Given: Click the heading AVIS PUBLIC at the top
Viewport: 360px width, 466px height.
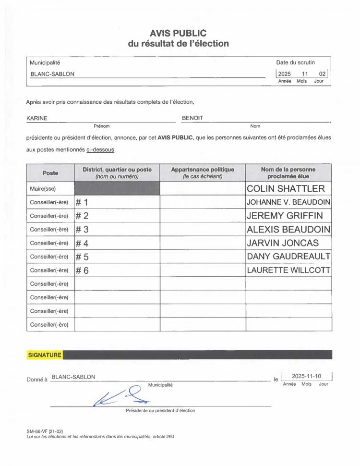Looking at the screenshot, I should tap(178, 33).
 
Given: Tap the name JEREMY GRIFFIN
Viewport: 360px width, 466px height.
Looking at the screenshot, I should tap(285, 215).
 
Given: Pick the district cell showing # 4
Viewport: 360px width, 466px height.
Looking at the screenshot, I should tap(83, 243).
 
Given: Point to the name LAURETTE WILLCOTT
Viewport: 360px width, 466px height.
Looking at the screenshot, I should tap(288, 270).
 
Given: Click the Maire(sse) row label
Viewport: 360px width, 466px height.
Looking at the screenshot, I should tap(43, 189).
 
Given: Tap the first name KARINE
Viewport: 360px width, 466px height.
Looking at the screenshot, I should tap(36, 118).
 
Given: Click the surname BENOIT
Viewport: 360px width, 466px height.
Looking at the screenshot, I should tap(192, 118).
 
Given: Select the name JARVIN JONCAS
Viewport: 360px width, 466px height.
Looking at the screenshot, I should tap(282, 243).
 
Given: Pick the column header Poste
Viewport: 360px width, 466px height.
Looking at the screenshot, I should tap(50, 173).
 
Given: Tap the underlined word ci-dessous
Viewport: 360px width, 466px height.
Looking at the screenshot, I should tap(101, 149).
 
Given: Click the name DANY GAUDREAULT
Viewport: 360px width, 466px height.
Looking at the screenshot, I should tap(288, 257).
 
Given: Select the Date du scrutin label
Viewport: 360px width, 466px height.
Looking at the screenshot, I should tap(295, 63).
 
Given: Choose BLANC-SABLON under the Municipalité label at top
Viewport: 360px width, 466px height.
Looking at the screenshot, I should tap(52, 74).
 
